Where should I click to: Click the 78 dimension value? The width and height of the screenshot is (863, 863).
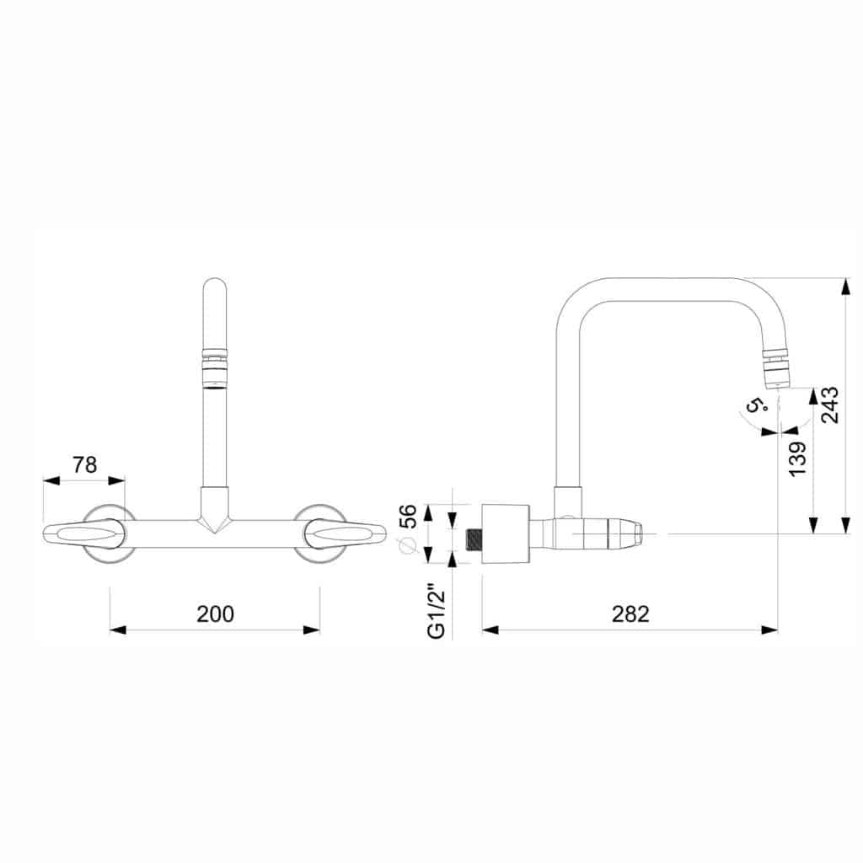(x=85, y=465)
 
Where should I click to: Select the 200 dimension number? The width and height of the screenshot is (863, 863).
(x=215, y=614)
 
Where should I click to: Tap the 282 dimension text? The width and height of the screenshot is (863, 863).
(x=630, y=614)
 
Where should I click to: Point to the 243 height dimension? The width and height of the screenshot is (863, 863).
(x=829, y=405)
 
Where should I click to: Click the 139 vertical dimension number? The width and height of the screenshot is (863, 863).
(x=796, y=458)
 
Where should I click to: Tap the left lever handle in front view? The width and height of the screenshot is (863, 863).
(x=83, y=533)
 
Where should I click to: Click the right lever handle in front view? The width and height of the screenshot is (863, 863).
(x=346, y=533)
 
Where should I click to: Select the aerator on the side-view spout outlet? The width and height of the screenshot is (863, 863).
(x=776, y=369)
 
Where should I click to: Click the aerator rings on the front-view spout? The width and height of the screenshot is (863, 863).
(x=215, y=368)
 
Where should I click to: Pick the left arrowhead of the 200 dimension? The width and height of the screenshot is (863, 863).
(x=117, y=630)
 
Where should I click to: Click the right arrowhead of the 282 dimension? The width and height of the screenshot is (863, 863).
(x=769, y=630)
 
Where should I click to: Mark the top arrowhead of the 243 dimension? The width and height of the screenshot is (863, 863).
(x=846, y=287)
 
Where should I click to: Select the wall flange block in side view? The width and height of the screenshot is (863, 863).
(x=506, y=533)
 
